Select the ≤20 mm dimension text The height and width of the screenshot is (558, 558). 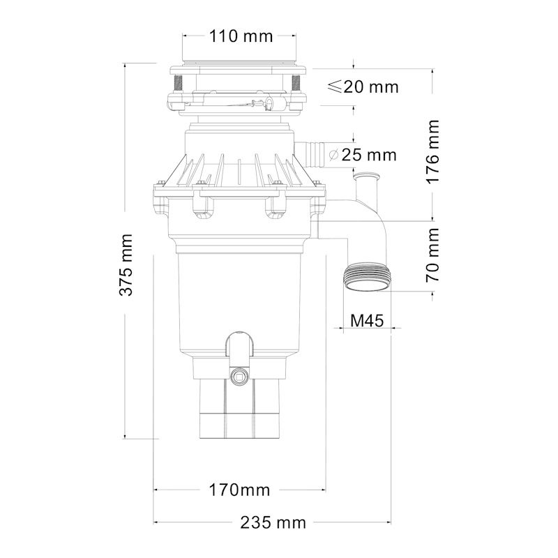click(x=363, y=86)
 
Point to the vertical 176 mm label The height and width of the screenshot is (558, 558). click(x=434, y=151)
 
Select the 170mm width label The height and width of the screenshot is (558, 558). click(x=239, y=489)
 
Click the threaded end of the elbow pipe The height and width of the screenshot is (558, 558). click(x=368, y=278)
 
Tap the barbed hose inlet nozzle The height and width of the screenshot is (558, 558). click(x=313, y=151)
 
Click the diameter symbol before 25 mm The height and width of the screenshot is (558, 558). click(x=334, y=155)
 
